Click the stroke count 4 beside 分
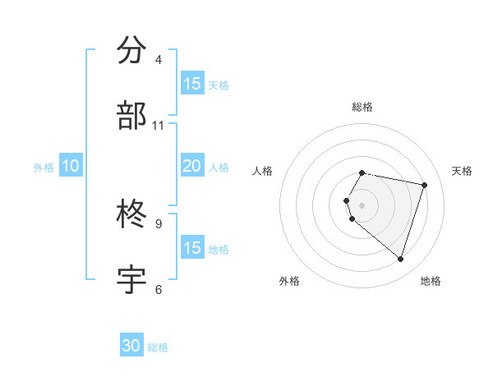[x=159, y=60]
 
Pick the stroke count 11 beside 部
[x=159, y=126]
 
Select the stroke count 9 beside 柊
[x=159, y=223]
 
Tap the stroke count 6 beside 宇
[x=159, y=289]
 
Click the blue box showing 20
[x=191, y=166]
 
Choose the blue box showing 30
[x=131, y=346]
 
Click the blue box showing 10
[x=70, y=166]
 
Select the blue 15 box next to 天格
[x=191, y=84]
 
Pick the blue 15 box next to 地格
[x=191, y=248]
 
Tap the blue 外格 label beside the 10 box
[x=44, y=167]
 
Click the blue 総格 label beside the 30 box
[x=158, y=347]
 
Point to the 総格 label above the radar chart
[x=362, y=107]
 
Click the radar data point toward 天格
[x=424, y=185]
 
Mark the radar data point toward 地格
[x=400, y=259]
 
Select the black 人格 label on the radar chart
[x=263, y=171]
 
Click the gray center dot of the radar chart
[x=362, y=204]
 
